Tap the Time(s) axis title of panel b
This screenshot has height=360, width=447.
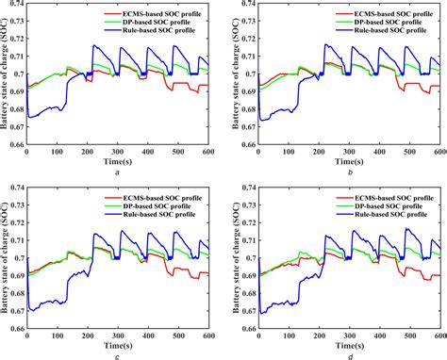click(344, 161)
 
